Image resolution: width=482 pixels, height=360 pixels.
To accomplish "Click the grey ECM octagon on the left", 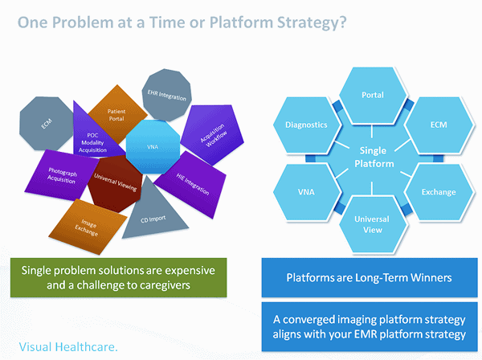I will coord(47,125).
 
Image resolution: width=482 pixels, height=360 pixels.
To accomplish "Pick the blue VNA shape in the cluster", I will coord(153,147).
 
